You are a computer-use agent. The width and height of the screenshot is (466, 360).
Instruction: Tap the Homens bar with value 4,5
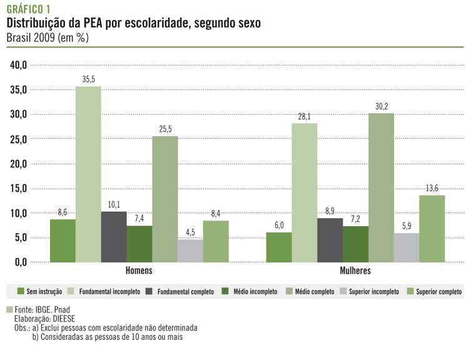click(x=190, y=251)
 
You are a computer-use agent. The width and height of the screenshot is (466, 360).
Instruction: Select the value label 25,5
click(x=165, y=130)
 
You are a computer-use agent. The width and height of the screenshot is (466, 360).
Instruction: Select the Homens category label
click(x=139, y=271)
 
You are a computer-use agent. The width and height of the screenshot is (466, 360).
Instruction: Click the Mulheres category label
click(x=355, y=271)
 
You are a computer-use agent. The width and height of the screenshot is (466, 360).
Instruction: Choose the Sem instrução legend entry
click(x=39, y=292)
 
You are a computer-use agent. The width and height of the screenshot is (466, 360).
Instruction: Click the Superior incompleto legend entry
click(x=370, y=292)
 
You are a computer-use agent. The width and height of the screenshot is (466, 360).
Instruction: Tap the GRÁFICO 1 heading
click(x=29, y=9)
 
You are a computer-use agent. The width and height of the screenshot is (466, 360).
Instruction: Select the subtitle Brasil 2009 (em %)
click(x=48, y=37)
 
